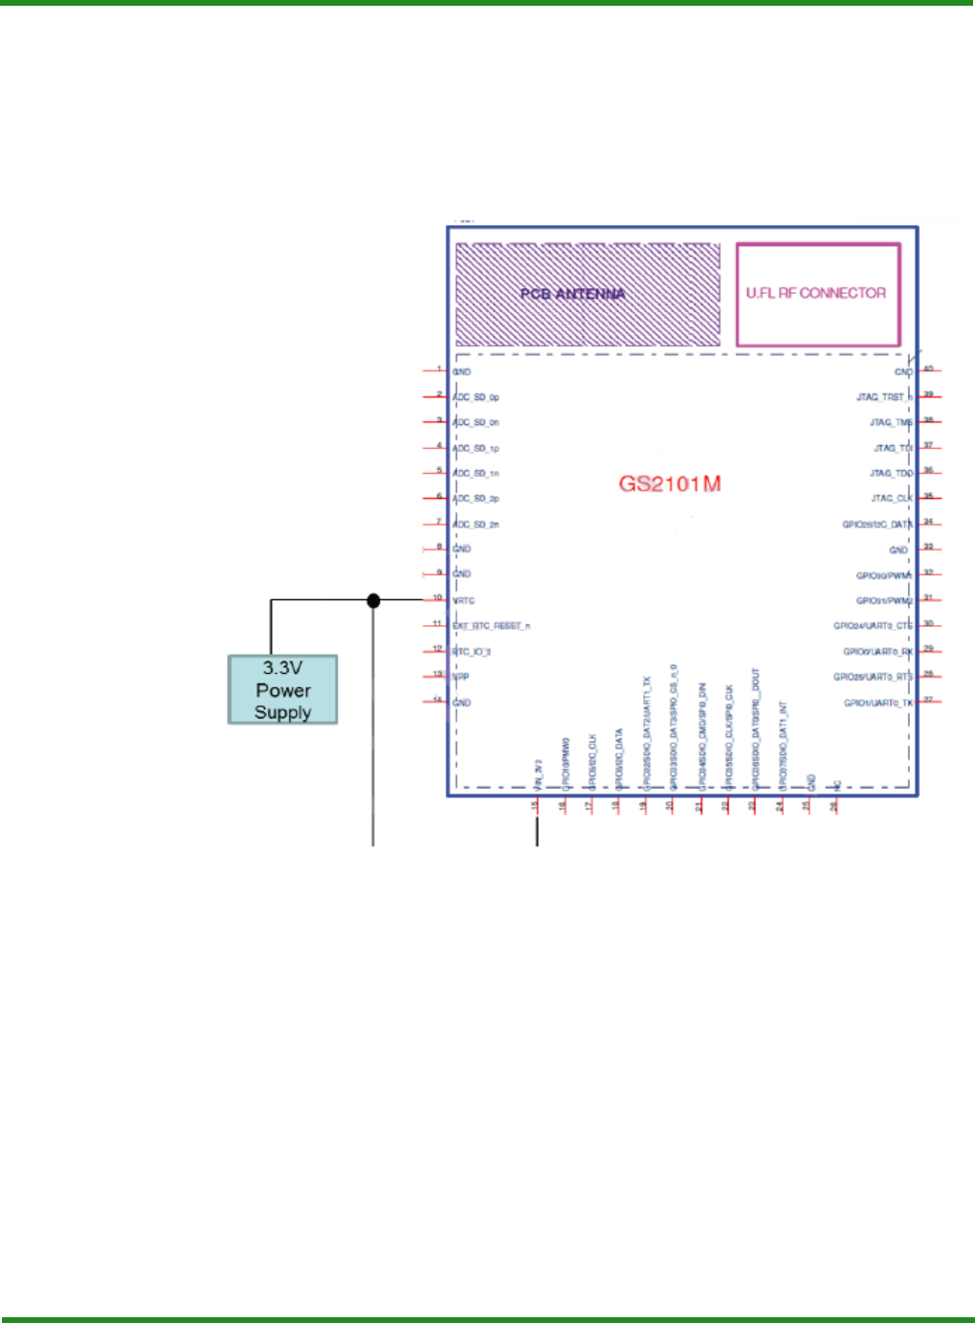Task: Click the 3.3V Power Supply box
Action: coord(282,689)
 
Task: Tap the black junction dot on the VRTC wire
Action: coord(373,600)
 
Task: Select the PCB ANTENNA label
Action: coord(572,294)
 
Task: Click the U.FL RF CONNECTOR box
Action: coord(817,294)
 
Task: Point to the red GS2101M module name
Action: coord(670,483)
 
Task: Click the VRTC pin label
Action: coord(463,601)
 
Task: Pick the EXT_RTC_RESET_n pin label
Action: coord(492,626)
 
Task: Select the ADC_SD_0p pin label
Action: coord(476,397)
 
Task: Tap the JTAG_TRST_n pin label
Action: coord(884,397)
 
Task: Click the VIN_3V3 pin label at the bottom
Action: coord(539,774)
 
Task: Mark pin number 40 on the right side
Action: coord(928,369)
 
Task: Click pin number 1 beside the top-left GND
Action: coord(439,369)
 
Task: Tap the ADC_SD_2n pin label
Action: coord(476,525)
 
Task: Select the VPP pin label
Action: coord(461,677)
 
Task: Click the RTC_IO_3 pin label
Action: coord(472,652)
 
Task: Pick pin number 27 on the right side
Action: coord(928,700)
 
